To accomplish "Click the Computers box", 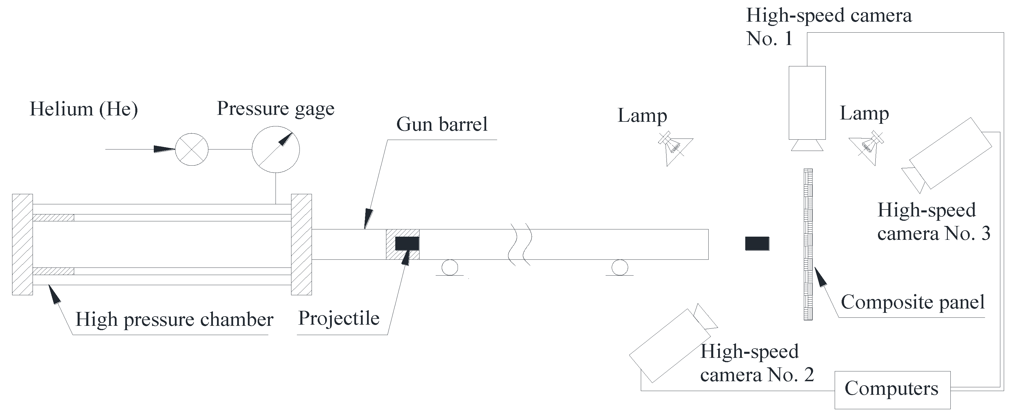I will click(892, 390).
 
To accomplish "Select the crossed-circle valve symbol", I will click(192, 149).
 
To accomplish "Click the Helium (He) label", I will click(84, 109).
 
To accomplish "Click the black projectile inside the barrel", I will click(407, 244).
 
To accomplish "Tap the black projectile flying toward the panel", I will click(757, 244).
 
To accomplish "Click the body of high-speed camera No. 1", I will click(807, 103).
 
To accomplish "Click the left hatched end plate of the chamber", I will click(23, 244).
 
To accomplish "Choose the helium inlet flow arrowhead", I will click(164, 149).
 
